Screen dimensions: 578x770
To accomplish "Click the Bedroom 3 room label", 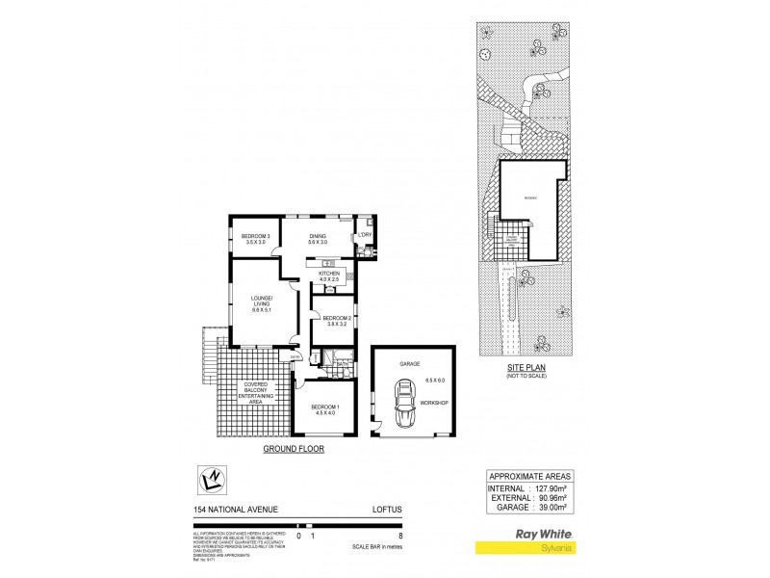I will (255, 239).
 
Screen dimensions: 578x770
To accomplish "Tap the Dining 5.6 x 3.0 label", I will (318, 239).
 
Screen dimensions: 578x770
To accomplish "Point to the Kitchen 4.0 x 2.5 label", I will (330, 277).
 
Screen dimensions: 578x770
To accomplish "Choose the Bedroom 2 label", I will (334, 322).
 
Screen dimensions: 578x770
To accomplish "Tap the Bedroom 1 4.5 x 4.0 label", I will (322, 410).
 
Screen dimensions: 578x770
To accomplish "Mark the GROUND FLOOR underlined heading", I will (295, 450).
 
